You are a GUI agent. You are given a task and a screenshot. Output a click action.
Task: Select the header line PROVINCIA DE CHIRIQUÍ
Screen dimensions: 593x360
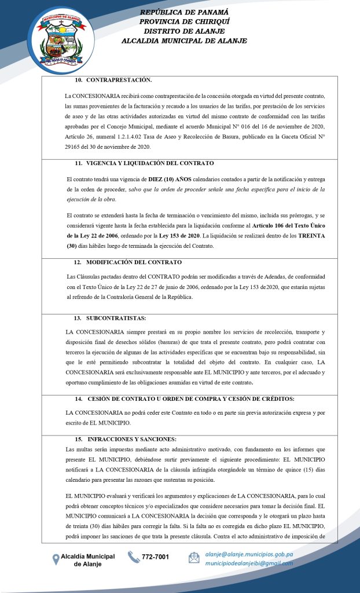[x=184, y=21]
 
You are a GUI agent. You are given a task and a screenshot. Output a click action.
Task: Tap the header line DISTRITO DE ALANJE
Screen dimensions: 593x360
[x=184, y=31]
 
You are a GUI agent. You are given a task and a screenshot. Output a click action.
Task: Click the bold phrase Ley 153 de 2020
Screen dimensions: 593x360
[x=180, y=236]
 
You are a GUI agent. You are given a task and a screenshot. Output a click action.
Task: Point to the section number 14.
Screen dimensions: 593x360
[x=78, y=399]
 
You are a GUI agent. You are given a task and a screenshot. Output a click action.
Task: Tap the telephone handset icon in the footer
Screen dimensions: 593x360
[x=134, y=557]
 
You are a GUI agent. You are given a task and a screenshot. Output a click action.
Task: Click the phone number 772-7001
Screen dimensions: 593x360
[x=156, y=557]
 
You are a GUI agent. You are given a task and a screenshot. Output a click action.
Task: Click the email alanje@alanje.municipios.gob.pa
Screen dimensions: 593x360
[x=249, y=554]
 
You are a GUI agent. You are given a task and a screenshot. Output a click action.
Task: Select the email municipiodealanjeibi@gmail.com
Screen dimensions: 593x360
[x=249, y=563]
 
